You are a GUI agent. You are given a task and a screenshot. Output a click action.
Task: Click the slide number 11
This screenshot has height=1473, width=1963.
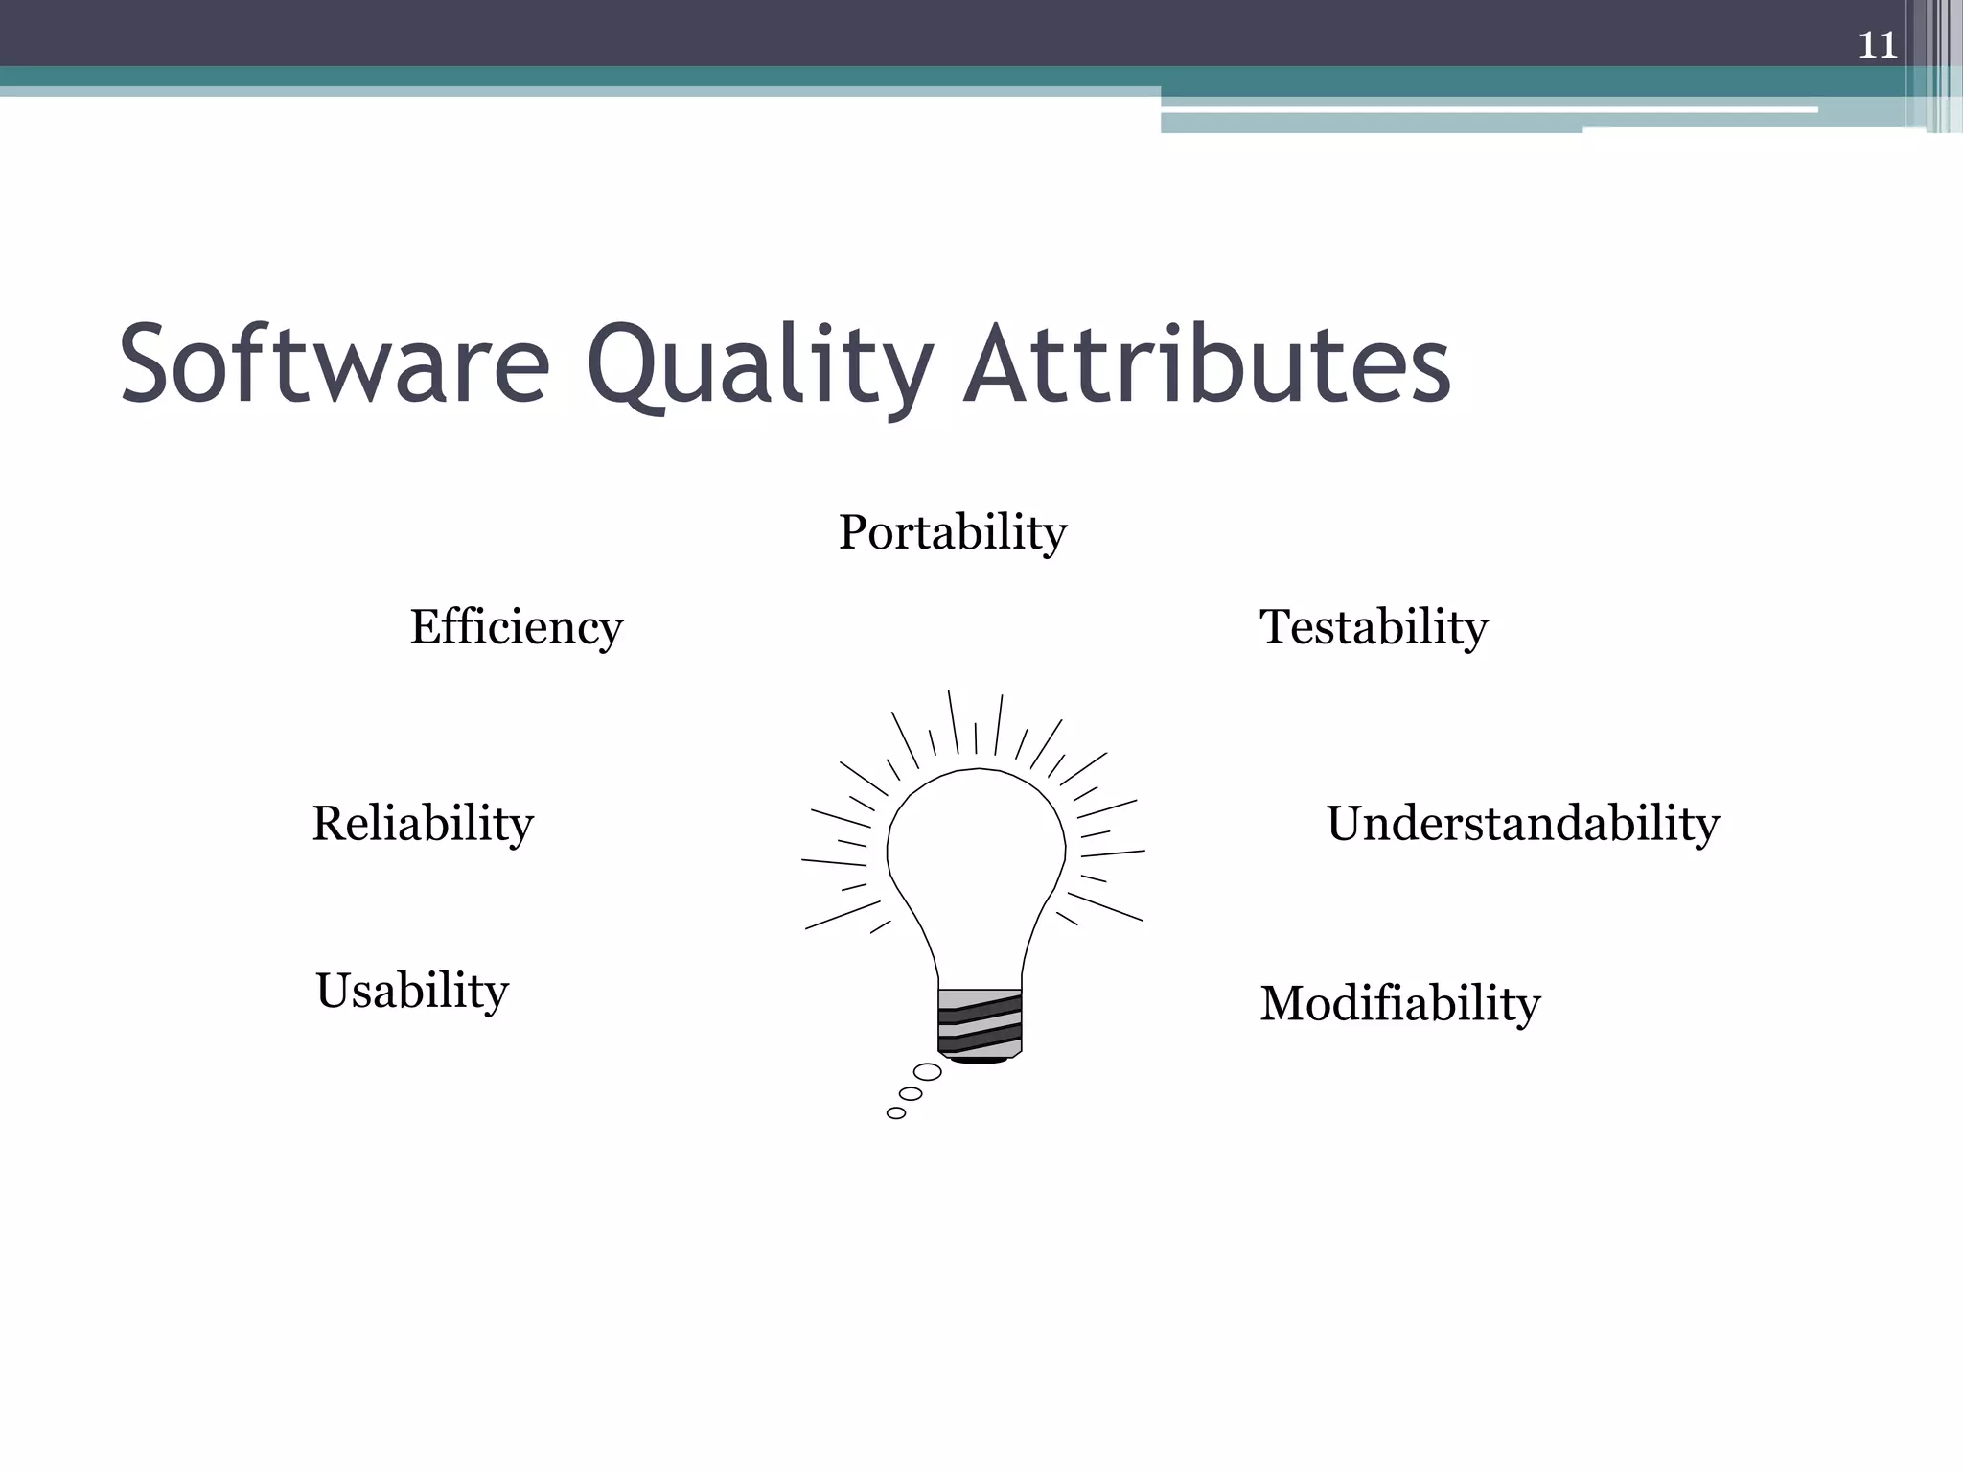[1877, 45]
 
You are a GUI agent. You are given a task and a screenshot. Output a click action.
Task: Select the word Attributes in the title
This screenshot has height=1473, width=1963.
[1208, 365]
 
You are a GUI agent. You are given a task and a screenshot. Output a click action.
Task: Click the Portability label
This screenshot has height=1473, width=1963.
[952, 532]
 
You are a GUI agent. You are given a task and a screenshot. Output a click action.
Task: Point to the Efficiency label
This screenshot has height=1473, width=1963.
[517, 627]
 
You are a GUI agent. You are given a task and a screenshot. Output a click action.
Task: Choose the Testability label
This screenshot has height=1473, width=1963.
[1374, 627]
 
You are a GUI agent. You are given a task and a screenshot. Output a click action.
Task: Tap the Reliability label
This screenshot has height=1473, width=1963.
[423, 824]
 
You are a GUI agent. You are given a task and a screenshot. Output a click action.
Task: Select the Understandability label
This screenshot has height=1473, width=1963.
[1522, 824]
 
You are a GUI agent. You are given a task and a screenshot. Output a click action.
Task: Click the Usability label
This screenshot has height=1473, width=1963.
[412, 991]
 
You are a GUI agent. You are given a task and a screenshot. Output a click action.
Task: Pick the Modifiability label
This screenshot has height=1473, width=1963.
[1399, 1004]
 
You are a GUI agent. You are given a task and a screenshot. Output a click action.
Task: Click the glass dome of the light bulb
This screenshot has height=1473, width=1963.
[976, 853]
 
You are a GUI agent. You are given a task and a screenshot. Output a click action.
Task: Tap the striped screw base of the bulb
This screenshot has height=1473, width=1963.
[980, 1023]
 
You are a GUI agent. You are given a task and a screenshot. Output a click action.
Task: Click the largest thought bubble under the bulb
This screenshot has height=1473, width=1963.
[927, 1072]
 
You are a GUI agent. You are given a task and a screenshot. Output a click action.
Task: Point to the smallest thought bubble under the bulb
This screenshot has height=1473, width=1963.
[896, 1113]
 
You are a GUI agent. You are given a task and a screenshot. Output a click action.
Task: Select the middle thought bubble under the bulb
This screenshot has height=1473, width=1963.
[911, 1094]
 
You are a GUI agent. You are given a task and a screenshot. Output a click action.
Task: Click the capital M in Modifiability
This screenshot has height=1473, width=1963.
[1287, 1004]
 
